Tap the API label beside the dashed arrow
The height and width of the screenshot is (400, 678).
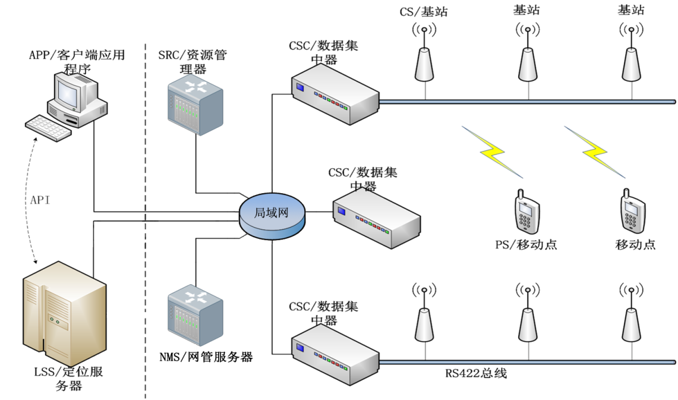pos(40,200)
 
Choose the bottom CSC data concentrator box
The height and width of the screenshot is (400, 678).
pos(335,353)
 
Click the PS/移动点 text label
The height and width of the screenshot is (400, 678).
pos(526,245)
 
